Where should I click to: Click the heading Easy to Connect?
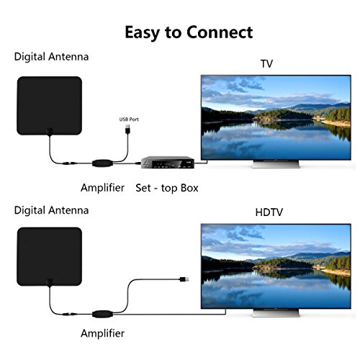pos(189,32)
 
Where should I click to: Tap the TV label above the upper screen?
pos(267,63)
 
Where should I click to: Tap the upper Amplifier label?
pos(102,188)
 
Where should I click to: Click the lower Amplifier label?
pos(102,334)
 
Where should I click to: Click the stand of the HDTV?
pos(274,315)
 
